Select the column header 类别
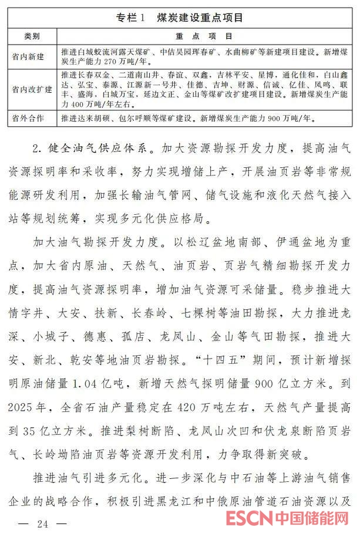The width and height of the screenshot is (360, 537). click(32, 36)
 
